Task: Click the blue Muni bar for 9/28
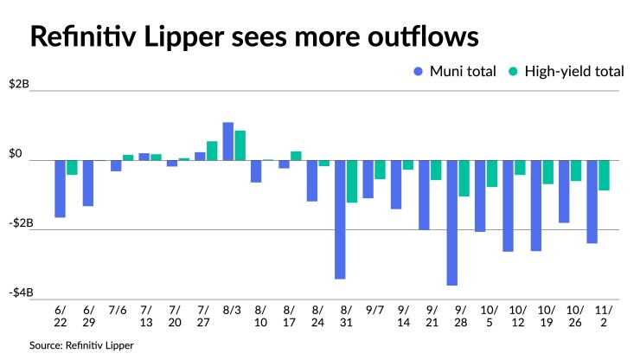[x=452, y=222]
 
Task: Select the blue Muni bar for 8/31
[x=340, y=220]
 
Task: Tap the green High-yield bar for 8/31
[x=352, y=182]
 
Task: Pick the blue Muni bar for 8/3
[x=228, y=142]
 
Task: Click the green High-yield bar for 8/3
[x=240, y=145]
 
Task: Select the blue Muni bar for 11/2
[x=592, y=202]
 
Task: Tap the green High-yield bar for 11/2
[x=605, y=176]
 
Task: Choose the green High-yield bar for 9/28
[x=464, y=178]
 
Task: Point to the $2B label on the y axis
[x=19, y=85]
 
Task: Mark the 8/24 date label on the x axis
[x=317, y=315]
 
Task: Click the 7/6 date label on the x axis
[x=117, y=310]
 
